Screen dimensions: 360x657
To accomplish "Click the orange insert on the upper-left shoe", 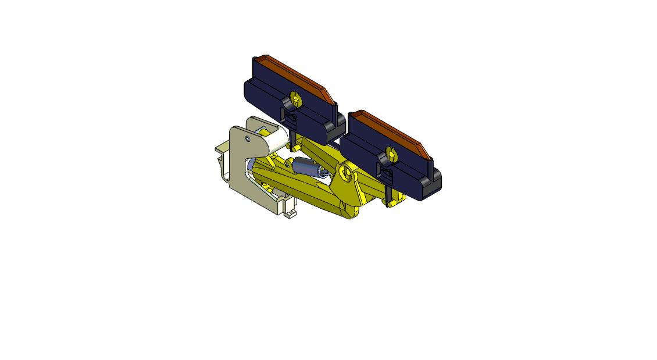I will [294, 73].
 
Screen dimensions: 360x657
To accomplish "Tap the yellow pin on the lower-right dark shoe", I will [391, 154].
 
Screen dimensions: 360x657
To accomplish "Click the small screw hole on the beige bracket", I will [248, 139].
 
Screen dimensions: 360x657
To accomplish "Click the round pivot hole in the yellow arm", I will [348, 173].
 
